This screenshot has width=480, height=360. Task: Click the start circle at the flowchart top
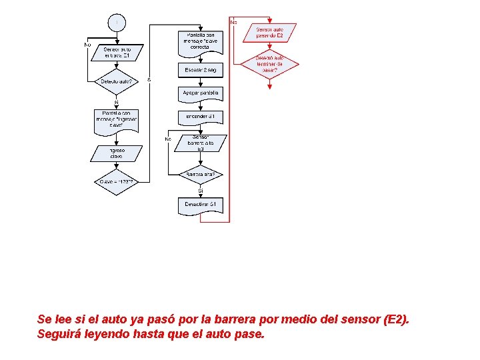coord(117,23)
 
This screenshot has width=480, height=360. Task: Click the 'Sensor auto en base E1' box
coord(117,53)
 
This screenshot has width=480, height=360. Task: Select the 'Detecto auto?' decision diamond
coord(116,82)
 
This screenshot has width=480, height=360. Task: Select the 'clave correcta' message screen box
coord(201,41)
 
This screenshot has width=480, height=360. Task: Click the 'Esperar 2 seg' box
coord(201,69)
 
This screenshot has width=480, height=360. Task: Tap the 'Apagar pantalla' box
coord(201,93)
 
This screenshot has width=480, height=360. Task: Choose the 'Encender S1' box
coord(201,117)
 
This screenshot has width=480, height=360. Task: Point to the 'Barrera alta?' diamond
coord(201,175)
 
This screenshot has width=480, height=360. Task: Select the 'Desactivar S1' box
coord(201,205)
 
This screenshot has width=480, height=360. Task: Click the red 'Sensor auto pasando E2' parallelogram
coord(269,32)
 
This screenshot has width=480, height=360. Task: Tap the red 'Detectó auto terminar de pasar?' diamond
coord(269,65)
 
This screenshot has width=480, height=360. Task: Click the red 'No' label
coord(233,23)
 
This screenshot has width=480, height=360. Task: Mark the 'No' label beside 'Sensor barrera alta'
coord(168,139)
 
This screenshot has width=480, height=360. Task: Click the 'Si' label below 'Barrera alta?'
coord(200,192)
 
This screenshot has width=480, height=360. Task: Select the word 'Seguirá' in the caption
coord(58,333)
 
